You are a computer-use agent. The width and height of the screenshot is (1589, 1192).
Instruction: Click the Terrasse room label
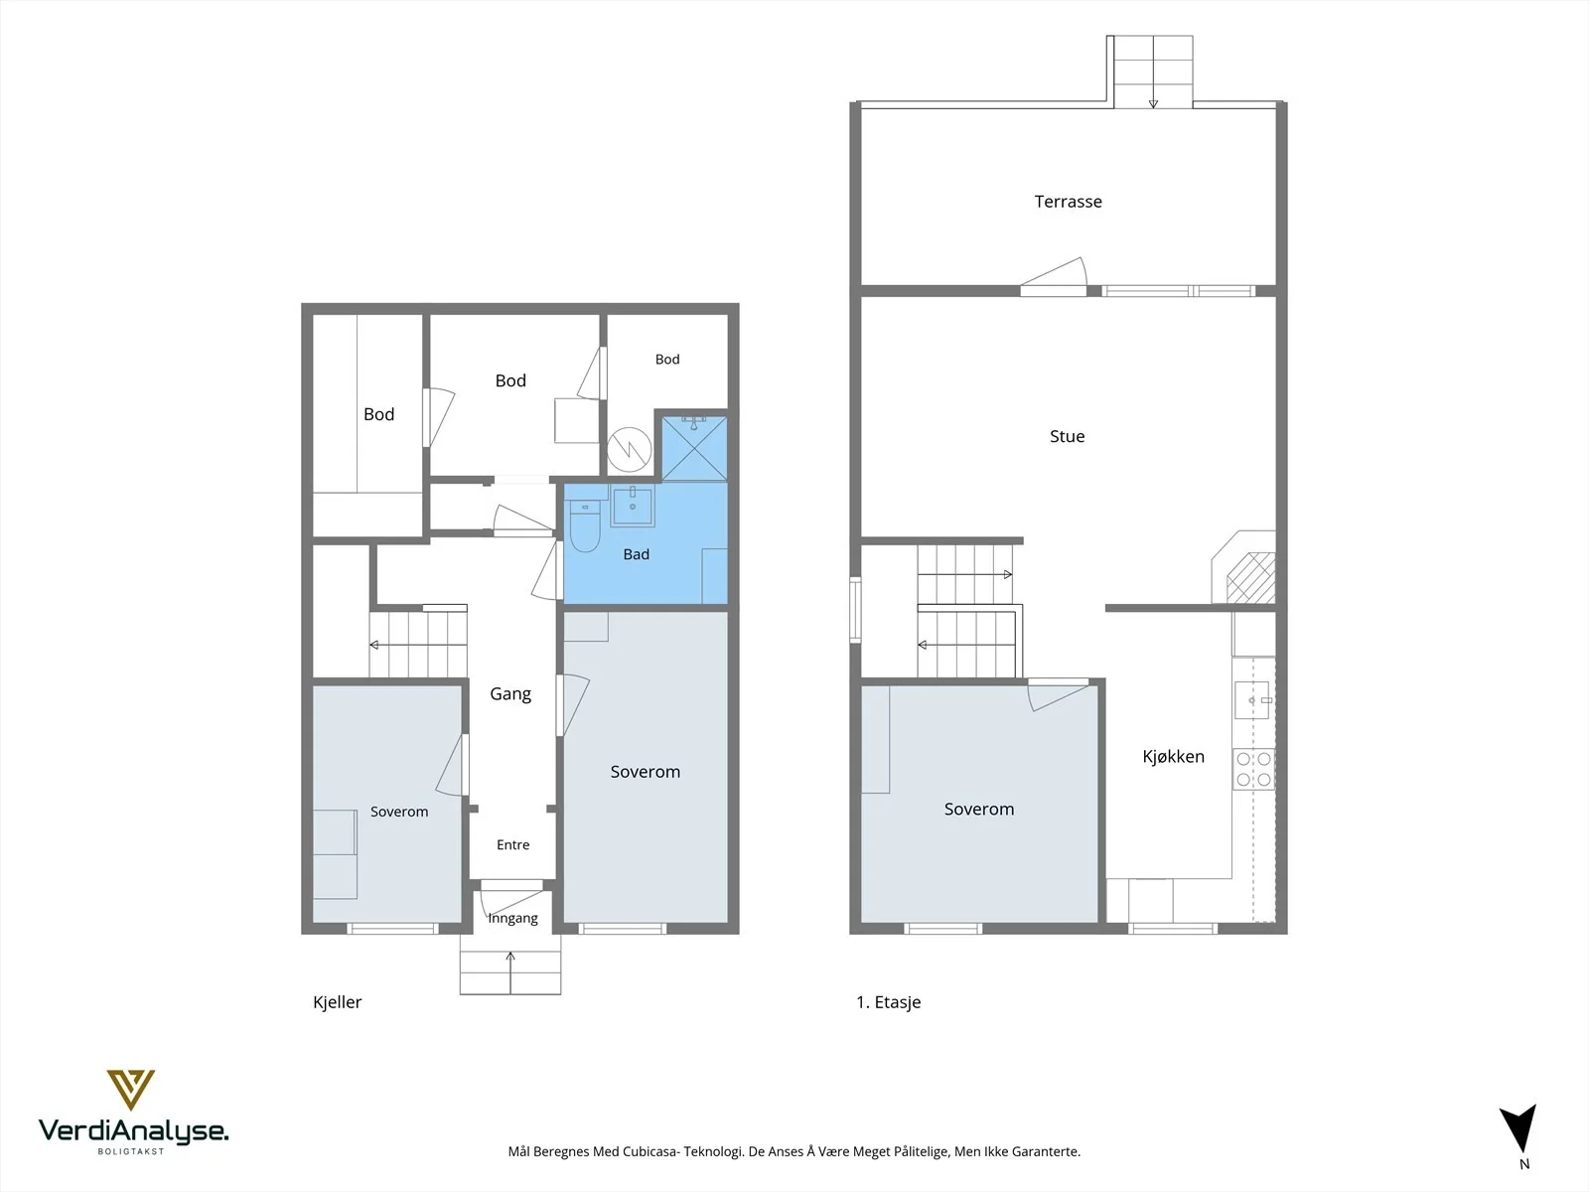click(x=1068, y=202)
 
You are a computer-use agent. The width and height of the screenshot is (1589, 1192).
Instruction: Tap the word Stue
click(x=1067, y=436)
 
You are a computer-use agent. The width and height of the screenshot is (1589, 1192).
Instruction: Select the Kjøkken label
click(x=1173, y=756)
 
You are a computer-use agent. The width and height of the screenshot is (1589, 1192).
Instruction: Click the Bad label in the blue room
click(x=636, y=554)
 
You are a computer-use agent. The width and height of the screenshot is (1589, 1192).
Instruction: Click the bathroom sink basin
click(x=632, y=506)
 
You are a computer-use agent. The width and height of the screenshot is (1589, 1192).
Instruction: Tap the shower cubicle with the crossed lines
click(x=694, y=448)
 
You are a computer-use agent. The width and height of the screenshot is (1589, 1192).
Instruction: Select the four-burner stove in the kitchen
click(x=1254, y=769)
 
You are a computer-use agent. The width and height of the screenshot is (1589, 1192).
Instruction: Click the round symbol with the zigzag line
click(x=629, y=449)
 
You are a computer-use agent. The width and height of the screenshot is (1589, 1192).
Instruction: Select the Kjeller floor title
click(x=337, y=1001)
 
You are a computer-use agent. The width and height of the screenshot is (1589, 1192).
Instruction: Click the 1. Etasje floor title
click(x=888, y=1001)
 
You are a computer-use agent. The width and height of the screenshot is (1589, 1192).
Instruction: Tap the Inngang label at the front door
click(x=512, y=918)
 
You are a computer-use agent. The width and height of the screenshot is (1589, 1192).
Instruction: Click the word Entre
click(x=512, y=844)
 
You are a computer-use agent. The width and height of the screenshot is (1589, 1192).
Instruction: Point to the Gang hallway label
click(x=510, y=693)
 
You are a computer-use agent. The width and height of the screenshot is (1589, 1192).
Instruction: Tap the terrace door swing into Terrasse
click(x=1055, y=274)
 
